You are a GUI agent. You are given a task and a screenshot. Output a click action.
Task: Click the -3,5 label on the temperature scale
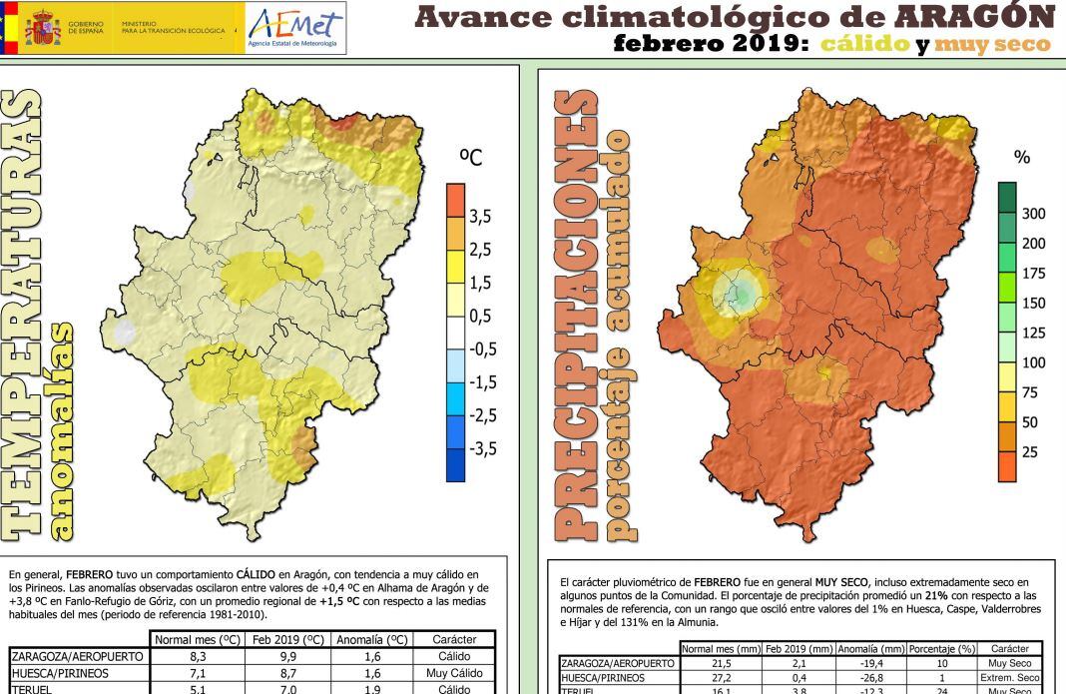pyautogui.click(x=484, y=448)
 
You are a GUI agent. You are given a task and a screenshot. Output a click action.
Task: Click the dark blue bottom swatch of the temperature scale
pyautogui.click(x=455, y=465)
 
